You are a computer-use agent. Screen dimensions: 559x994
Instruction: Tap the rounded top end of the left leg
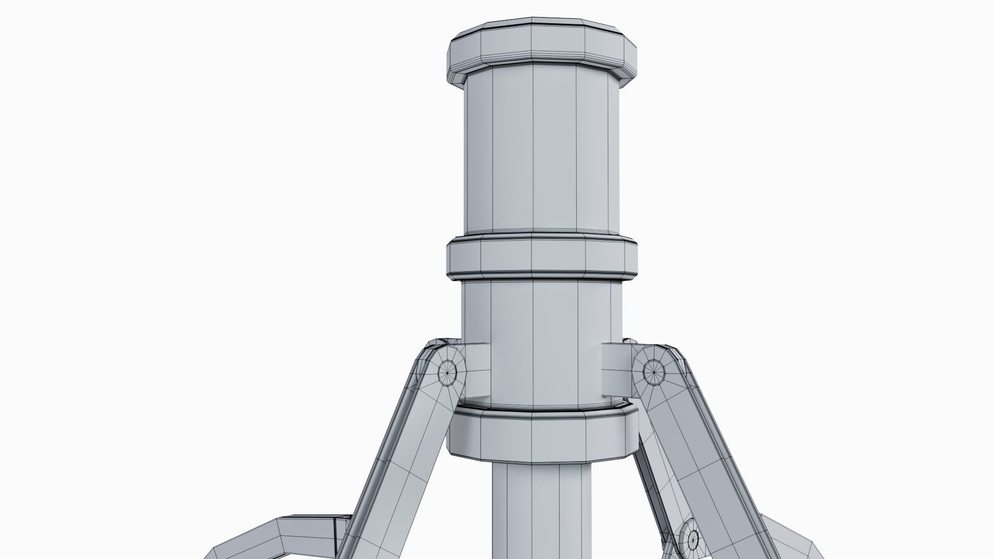tap(440, 357)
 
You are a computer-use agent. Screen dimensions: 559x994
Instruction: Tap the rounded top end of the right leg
tap(657, 357)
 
